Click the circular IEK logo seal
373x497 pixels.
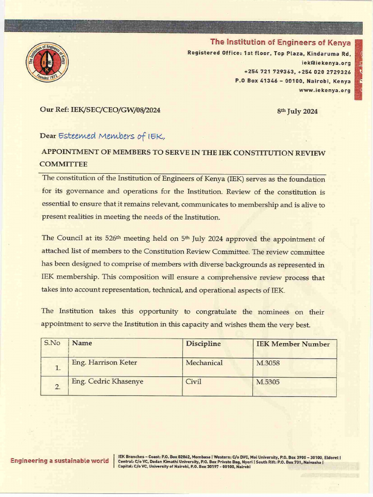pos(47,62)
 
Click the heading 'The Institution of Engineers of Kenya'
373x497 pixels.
pos(280,42)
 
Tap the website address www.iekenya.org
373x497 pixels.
pos(325,90)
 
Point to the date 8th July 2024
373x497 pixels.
pos(297,111)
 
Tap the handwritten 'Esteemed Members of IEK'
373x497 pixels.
pos(112,136)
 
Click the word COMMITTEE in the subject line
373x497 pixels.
pos(63,164)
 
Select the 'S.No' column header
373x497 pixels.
pos(52,343)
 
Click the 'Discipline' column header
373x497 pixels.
pos(203,344)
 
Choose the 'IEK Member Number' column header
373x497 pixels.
pos(293,344)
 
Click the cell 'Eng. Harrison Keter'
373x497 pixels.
pos(104,363)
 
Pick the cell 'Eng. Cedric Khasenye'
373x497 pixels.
pos(107,381)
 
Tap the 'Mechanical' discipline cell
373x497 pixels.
pos(204,363)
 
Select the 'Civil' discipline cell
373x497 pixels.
pos(193,381)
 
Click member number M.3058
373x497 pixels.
pos(268,363)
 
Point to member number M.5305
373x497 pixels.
pos(268,382)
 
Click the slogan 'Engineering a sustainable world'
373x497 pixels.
pos(60,461)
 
